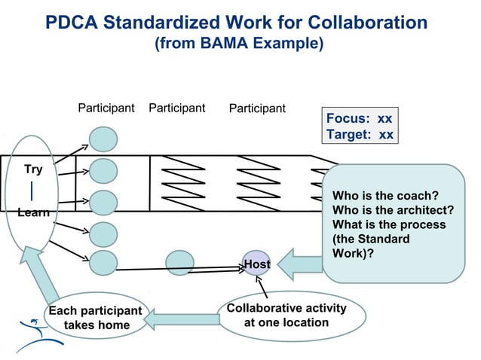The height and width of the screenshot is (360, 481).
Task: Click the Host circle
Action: [x=256, y=264]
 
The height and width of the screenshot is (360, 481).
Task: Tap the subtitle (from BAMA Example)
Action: [x=239, y=44]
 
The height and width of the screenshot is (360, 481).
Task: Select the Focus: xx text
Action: [x=358, y=119]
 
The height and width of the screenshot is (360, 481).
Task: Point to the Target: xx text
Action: [x=358, y=135]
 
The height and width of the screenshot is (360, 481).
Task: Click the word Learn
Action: [x=33, y=212]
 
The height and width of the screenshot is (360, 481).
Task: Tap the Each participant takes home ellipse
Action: [x=94, y=318]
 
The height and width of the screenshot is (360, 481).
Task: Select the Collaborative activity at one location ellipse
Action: [x=286, y=315]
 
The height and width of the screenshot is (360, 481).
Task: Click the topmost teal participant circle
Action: [x=104, y=139]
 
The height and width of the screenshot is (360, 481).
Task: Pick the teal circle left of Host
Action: [x=179, y=262]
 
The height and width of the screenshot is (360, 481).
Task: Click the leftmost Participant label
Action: [x=106, y=108]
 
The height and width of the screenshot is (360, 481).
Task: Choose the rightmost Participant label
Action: [x=257, y=108]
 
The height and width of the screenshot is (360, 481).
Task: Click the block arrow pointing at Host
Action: [x=300, y=265]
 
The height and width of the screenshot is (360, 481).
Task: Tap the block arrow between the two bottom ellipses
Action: [x=180, y=320]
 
